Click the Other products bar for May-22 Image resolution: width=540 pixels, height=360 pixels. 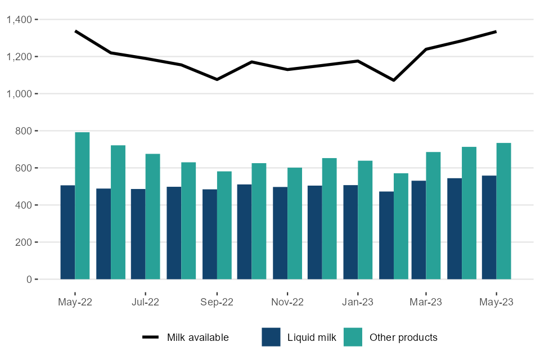click(82, 206)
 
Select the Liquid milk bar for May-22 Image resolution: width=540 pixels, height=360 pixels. click(67, 232)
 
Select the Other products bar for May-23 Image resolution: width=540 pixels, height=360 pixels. click(503, 211)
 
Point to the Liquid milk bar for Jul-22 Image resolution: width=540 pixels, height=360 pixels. click(138, 234)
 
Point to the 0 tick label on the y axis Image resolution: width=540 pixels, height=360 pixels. click(30, 280)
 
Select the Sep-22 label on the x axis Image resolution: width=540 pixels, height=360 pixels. click(217, 302)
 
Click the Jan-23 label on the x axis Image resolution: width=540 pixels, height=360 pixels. click(358, 302)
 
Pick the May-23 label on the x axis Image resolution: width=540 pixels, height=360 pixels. click(496, 302)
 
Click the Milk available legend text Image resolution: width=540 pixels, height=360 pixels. click(197, 337)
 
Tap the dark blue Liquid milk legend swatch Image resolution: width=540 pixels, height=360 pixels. click(271, 337)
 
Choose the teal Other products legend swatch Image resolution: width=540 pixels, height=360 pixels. click(353, 337)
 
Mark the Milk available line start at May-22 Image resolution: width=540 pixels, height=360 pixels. click(75, 31)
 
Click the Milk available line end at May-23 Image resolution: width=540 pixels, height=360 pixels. click(496, 31)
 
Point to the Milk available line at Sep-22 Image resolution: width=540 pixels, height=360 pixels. click(217, 79)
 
